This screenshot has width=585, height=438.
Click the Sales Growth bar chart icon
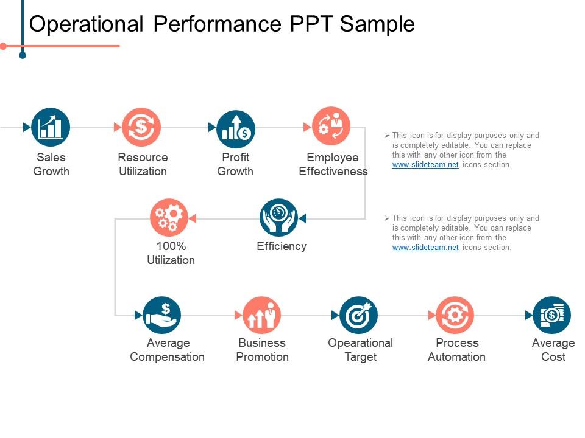51,127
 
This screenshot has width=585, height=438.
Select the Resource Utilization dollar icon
141,127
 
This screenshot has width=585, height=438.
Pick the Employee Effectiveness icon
331,126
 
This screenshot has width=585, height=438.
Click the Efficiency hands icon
279,217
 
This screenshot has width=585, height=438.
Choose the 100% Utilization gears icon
169,217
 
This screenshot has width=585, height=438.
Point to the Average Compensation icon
162,315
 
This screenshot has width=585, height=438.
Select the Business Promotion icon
261,315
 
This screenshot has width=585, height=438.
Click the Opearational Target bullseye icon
358,315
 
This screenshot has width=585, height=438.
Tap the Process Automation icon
455,315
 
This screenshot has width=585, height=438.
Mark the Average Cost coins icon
551,315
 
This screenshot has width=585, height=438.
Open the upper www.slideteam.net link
425,165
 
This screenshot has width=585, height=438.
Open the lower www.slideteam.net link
425,248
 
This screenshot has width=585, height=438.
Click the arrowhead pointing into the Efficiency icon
302,218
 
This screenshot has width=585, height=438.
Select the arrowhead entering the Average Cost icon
528,315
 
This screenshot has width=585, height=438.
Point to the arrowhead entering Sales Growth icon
27,127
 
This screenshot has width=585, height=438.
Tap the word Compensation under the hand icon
168,357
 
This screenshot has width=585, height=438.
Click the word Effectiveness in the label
333,172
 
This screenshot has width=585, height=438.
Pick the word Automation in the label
456,357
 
